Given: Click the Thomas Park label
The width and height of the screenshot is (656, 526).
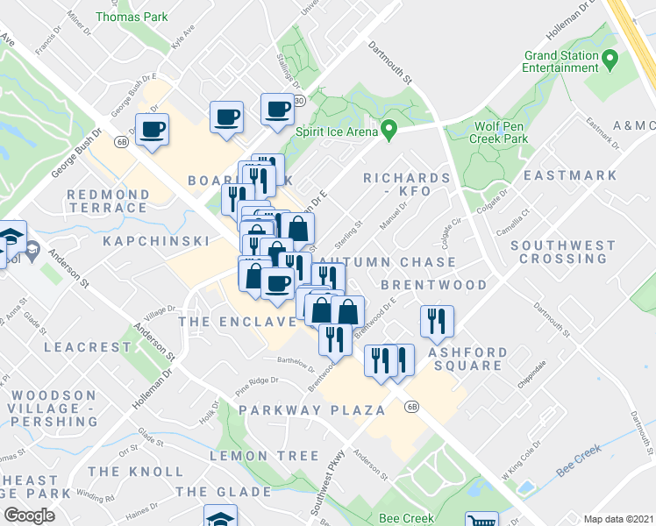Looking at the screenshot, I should [131, 17].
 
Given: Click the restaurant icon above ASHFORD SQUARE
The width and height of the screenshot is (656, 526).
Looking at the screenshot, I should [436, 321].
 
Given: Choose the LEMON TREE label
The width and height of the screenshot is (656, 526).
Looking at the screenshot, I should [264, 456].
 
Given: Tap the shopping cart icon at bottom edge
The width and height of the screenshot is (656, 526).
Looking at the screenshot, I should [481, 521].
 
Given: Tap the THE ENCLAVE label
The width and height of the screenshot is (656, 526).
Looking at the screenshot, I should [237, 322].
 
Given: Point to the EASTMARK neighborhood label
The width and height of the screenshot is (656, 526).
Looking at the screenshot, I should [571, 175].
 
